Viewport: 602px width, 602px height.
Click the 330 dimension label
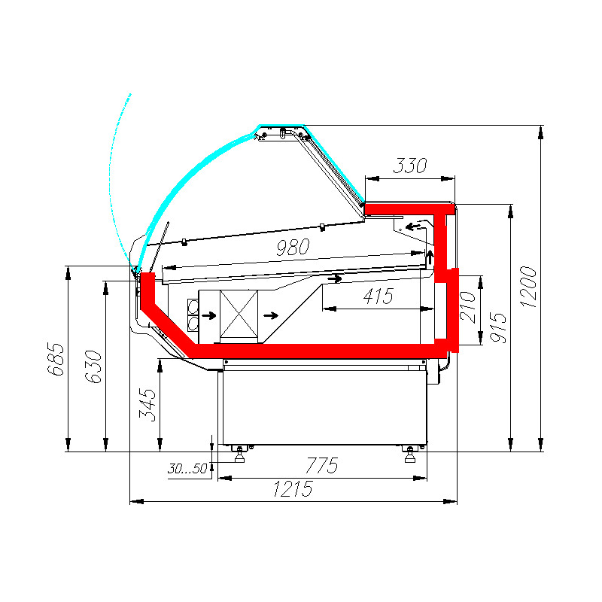(x=409, y=166)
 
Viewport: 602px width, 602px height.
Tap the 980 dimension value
(x=293, y=247)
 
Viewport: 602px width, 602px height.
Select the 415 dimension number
(x=379, y=296)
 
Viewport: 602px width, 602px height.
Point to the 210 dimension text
(x=467, y=307)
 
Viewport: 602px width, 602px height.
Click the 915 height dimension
(x=499, y=327)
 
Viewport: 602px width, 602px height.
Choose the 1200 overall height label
(x=529, y=287)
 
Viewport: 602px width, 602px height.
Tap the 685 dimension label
(x=56, y=359)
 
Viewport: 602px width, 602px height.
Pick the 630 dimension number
(x=93, y=366)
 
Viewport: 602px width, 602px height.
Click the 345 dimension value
(x=147, y=405)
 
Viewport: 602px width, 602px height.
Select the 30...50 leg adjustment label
(x=187, y=468)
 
